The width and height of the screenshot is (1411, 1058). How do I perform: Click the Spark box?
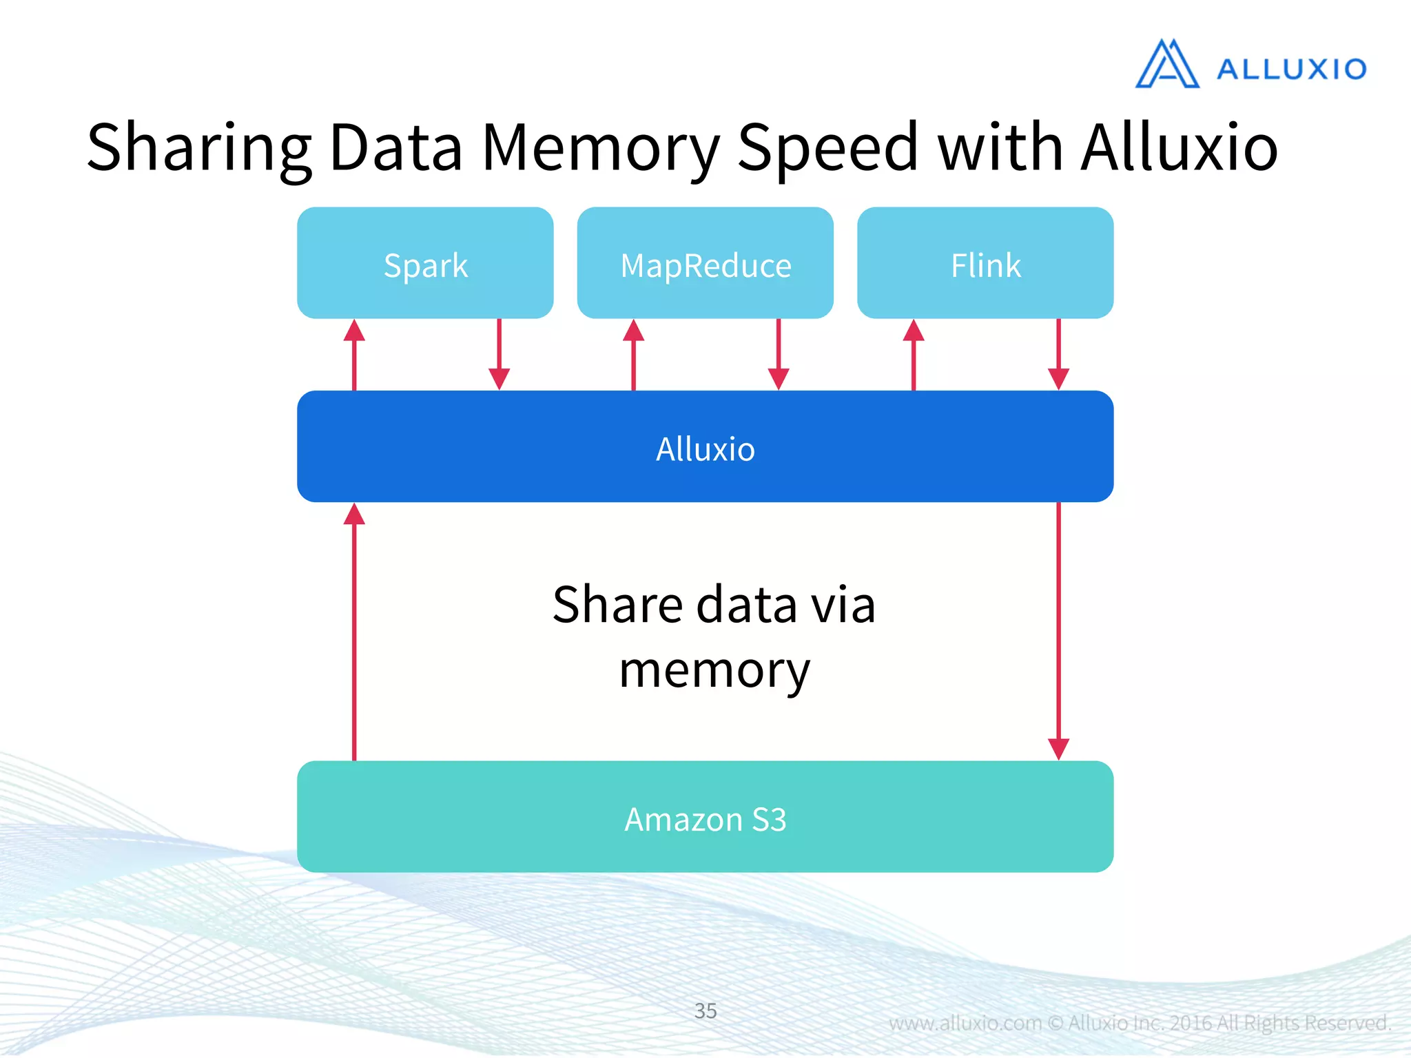click(425, 264)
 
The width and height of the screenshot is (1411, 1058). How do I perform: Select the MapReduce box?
click(705, 264)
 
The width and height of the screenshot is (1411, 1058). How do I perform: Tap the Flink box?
click(985, 264)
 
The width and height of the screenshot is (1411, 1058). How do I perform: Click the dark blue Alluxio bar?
click(705, 447)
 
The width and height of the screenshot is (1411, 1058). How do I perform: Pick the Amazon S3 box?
click(705, 818)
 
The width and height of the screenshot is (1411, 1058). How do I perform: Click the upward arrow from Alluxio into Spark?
click(354, 355)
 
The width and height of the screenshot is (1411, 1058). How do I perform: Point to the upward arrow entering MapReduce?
click(634, 355)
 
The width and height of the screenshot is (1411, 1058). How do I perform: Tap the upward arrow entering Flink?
click(914, 355)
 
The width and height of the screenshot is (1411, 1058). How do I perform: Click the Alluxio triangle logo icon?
click(1167, 65)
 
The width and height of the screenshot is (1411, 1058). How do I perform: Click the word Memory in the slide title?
click(600, 148)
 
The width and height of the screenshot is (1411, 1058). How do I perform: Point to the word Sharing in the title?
click(199, 148)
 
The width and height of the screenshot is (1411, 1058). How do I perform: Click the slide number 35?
click(705, 1010)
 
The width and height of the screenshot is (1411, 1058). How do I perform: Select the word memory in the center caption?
click(714, 670)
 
